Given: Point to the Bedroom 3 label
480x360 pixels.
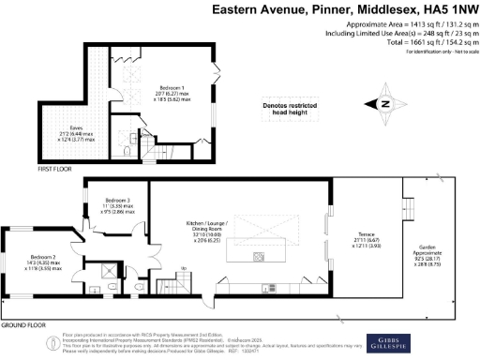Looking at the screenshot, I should click(118, 200).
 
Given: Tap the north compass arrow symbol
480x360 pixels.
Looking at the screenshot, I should click(383, 105).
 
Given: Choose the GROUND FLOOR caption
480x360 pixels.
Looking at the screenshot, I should click(25, 324).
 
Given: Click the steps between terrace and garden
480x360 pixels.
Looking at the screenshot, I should click(408, 207).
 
